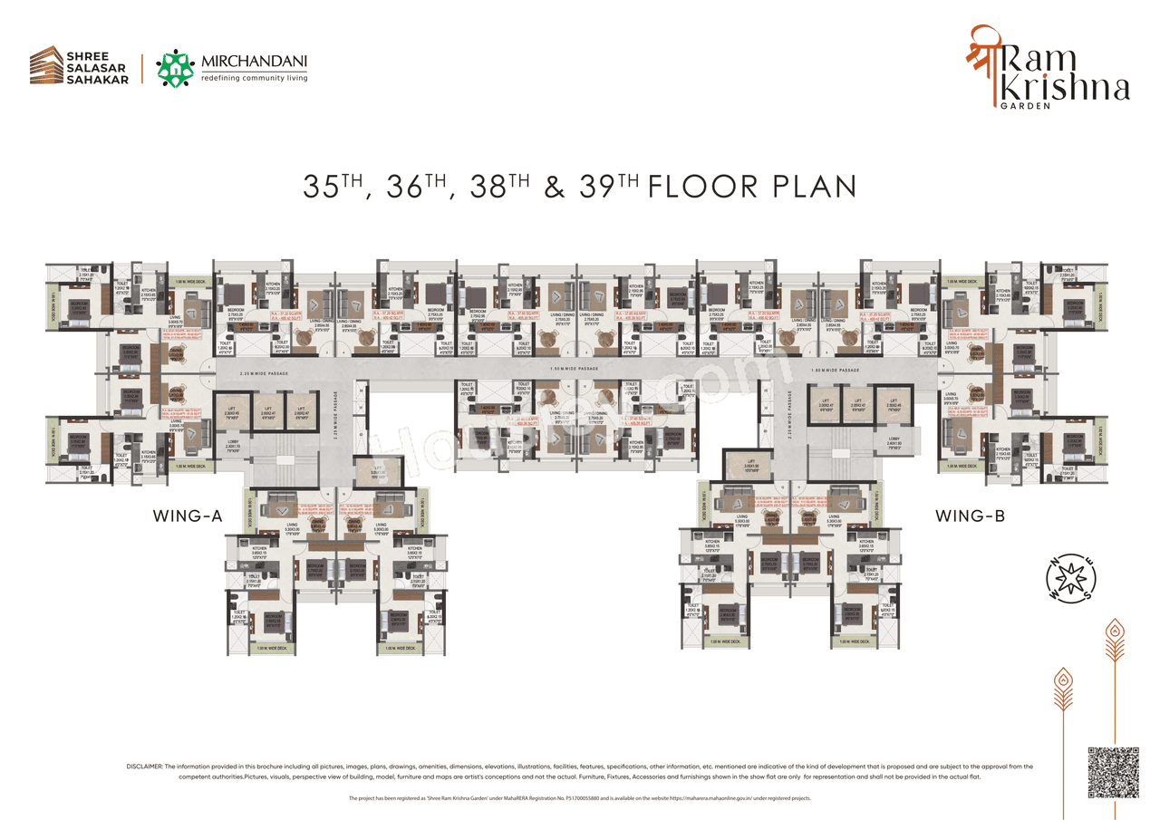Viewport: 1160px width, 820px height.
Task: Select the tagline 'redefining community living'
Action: [x=254, y=79]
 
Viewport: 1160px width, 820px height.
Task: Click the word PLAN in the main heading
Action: [x=812, y=187]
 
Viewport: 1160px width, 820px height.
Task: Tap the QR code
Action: [x=1113, y=773]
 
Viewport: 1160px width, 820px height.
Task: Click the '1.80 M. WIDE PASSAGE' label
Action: [x=835, y=371]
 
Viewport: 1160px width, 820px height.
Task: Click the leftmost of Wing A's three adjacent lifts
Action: [x=231, y=409]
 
